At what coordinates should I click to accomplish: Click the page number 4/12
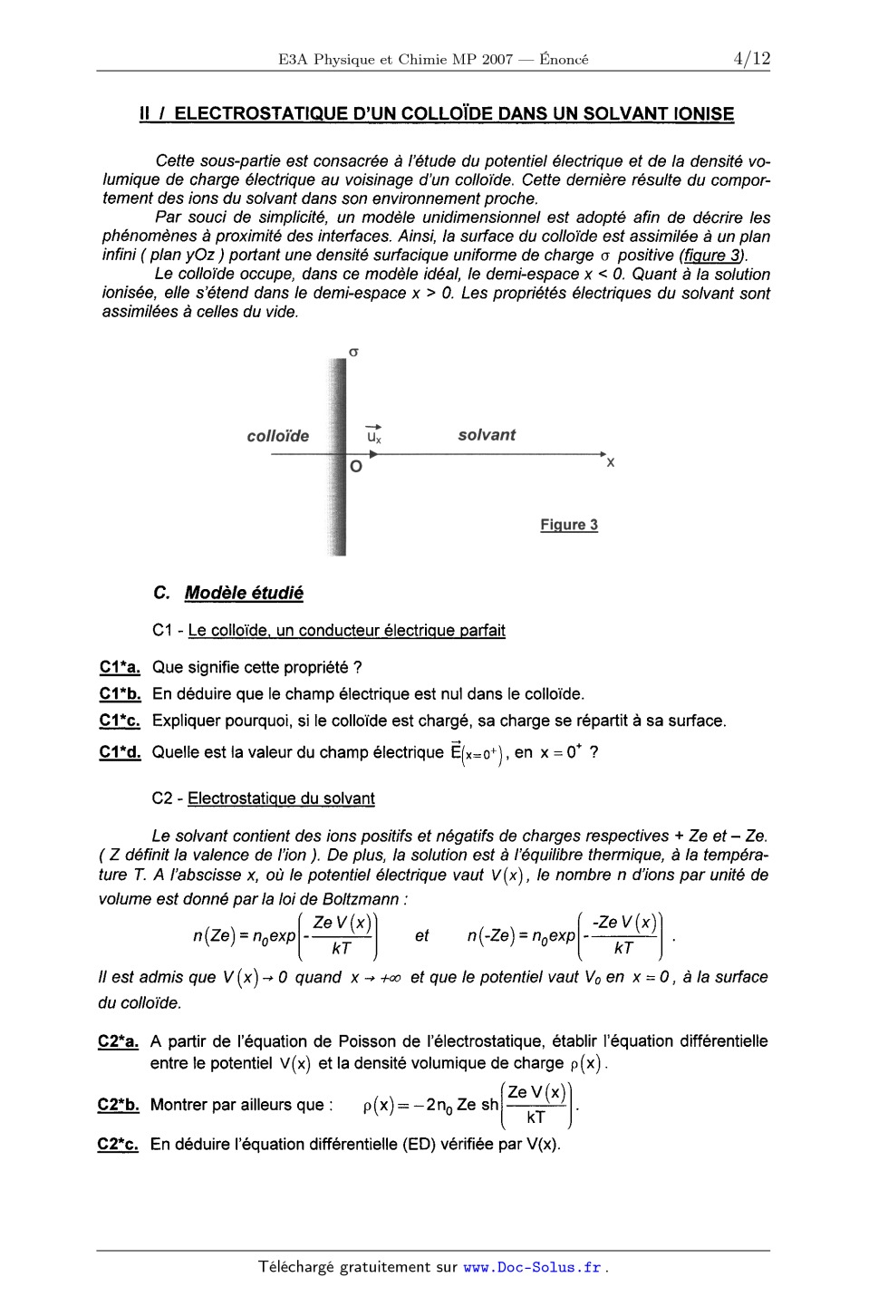pos(752,59)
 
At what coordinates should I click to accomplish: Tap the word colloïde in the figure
pos(278,436)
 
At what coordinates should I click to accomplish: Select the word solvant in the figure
pos(487,435)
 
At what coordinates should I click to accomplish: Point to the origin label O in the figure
pos(356,467)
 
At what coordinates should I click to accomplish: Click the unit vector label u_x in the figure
pos(373,436)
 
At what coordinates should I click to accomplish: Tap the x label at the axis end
pos(611,462)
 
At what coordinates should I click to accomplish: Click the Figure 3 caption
pos(569,525)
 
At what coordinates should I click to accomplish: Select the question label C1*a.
pos(120,668)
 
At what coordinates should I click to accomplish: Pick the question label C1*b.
pos(120,694)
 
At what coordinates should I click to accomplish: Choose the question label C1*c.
pos(120,721)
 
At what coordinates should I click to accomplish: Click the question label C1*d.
pos(120,752)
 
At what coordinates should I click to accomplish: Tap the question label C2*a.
pos(119,1042)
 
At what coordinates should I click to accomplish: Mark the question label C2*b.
pos(119,1105)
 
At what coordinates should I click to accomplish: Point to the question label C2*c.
pos(119,1145)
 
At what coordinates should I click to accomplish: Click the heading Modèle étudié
pos(244,594)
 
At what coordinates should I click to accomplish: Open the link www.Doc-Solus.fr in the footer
pos(533,1268)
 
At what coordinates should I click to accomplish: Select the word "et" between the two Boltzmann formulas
pos(421,936)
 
